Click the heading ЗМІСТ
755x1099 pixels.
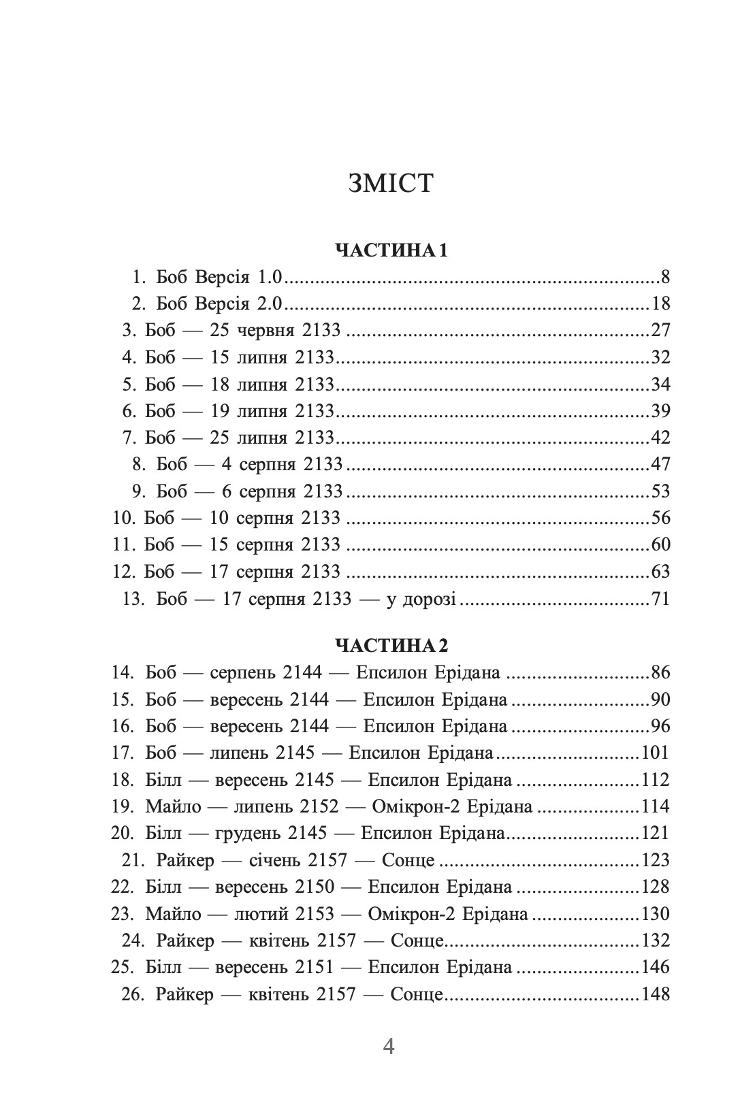390,184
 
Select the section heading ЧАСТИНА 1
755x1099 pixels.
391,250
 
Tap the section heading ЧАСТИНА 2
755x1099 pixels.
391,644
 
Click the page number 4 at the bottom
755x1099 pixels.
389,1046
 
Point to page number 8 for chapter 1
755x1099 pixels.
664,277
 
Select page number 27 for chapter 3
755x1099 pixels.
660,331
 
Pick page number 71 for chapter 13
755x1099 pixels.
660,599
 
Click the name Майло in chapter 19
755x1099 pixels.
173,806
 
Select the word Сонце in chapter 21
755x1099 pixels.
408,860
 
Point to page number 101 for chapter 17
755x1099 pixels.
655,753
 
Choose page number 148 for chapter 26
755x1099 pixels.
655,994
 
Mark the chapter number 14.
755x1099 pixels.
122,673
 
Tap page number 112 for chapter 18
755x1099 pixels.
655,780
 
